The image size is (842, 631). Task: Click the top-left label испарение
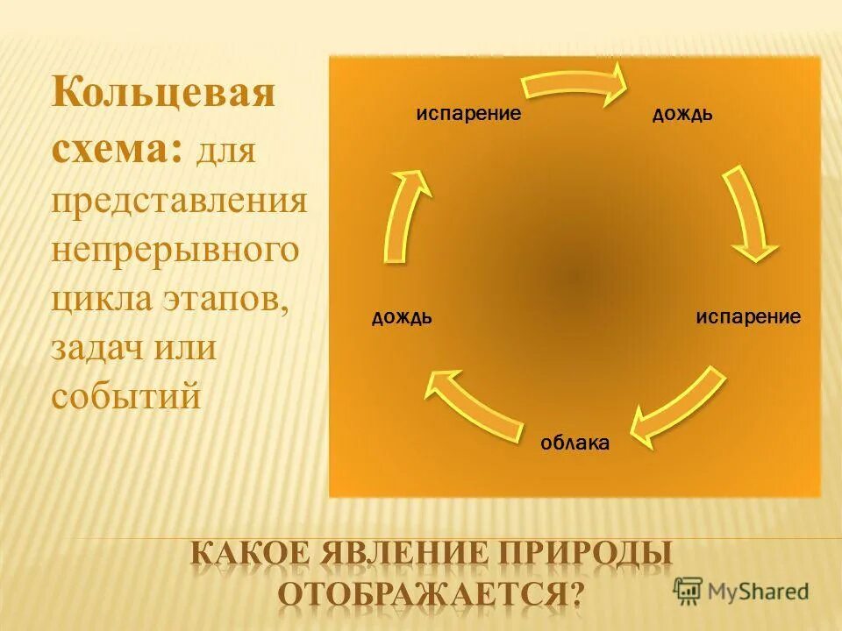[469, 114]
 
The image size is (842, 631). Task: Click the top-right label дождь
[681, 115]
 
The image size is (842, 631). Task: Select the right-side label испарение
[748, 316]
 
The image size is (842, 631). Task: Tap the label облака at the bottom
[574, 443]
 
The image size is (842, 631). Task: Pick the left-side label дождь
[401, 316]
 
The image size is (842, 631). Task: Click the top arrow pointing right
[574, 82]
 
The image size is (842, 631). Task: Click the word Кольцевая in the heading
[162, 92]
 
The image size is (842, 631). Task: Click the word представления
[179, 202]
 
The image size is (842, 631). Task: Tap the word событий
[126, 396]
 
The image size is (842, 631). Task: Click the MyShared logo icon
[689, 590]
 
